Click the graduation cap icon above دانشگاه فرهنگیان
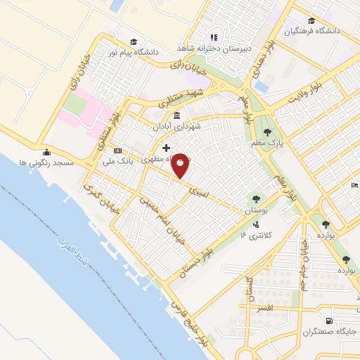pyautogui.click(x=311, y=20)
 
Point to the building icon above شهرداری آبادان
pyautogui.click(x=174, y=116)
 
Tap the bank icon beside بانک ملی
pyautogui.click(x=117, y=150)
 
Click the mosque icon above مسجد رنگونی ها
pyautogui.click(x=46, y=152)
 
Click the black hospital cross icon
pyautogui.click(x=167, y=148)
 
